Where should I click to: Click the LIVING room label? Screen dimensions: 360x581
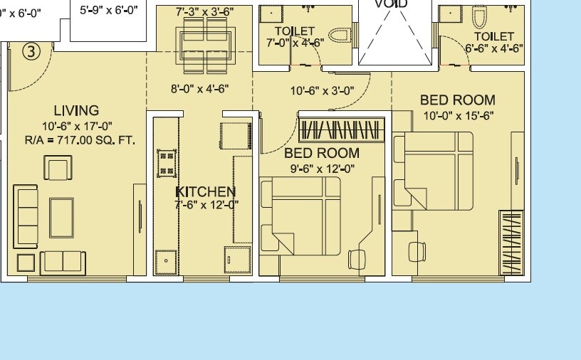click(x=76, y=110)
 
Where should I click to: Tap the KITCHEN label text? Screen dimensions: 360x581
click(x=206, y=192)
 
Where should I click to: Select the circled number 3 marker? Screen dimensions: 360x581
click(x=31, y=51)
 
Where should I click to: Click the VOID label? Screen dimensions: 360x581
click(x=391, y=4)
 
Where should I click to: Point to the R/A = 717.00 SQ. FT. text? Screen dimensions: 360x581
click(x=80, y=141)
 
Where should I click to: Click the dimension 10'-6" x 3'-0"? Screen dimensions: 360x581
click(x=322, y=90)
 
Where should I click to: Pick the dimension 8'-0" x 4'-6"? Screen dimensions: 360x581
click(x=199, y=89)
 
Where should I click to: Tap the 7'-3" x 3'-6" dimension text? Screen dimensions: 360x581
click(x=205, y=11)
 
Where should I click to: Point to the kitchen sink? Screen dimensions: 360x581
click(x=167, y=260)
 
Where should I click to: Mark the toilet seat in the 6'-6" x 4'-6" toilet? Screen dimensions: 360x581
click(x=478, y=17)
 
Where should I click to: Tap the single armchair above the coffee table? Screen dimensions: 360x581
click(x=58, y=169)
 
